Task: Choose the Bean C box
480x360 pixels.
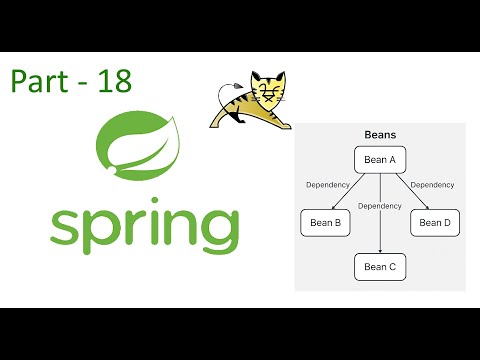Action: (x=380, y=267)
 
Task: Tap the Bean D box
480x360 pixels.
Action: (x=434, y=222)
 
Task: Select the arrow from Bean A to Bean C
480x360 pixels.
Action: (x=380, y=225)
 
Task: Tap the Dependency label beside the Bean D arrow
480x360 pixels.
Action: (x=433, y=185)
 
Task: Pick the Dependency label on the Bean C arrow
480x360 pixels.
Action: (x=379, y=206)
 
